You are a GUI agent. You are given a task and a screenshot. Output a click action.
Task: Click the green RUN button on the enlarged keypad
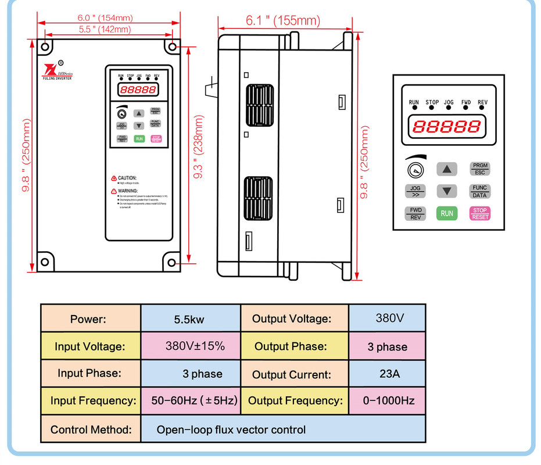pos(447,213)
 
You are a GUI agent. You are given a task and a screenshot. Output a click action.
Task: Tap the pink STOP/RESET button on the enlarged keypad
pos(480,213)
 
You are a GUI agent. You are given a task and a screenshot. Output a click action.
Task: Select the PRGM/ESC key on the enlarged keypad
pos(480,169)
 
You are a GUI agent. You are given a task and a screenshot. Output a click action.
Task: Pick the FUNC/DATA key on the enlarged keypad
pos(480,191)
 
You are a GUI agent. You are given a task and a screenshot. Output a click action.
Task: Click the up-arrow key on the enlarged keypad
pos(447,169)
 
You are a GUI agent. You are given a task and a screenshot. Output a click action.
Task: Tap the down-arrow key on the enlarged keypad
pos(447,191)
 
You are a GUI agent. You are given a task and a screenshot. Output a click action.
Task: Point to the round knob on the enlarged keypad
pos(414,170)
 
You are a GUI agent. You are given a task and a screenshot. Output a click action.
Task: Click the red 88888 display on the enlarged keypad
pos(446,126)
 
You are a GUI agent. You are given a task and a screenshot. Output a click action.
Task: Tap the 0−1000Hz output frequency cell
pos(388,400)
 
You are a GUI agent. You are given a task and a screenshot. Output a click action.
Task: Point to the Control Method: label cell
pos(91,430)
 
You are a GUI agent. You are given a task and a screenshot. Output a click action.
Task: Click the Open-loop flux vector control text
pos(231,430)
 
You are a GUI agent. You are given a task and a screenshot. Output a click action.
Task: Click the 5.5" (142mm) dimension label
pos(105,29)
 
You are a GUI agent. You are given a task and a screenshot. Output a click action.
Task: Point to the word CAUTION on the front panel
pos(127,178)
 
